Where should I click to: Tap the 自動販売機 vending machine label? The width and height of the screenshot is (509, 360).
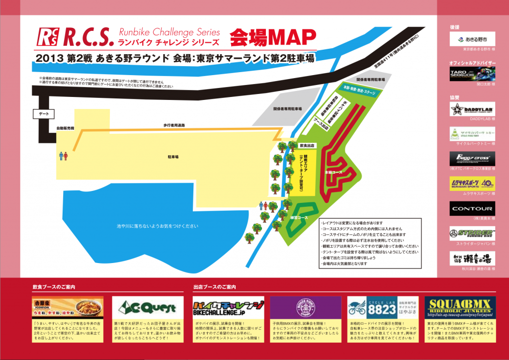click(65, 128)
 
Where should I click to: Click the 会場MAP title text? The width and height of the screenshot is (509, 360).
click(273, 36)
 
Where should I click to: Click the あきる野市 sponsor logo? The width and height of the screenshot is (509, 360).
click(472, 39)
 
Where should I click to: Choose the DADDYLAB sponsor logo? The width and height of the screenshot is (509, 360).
click(472, 109)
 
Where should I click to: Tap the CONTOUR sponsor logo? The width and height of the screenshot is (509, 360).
click(472, 208)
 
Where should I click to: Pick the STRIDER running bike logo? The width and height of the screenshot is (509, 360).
click(472, 233)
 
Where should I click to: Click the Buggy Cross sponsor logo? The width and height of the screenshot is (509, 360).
click(472, 159)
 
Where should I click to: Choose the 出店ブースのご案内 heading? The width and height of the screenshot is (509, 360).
click(214, 287)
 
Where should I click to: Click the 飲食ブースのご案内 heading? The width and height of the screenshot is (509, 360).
click(54, 287)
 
